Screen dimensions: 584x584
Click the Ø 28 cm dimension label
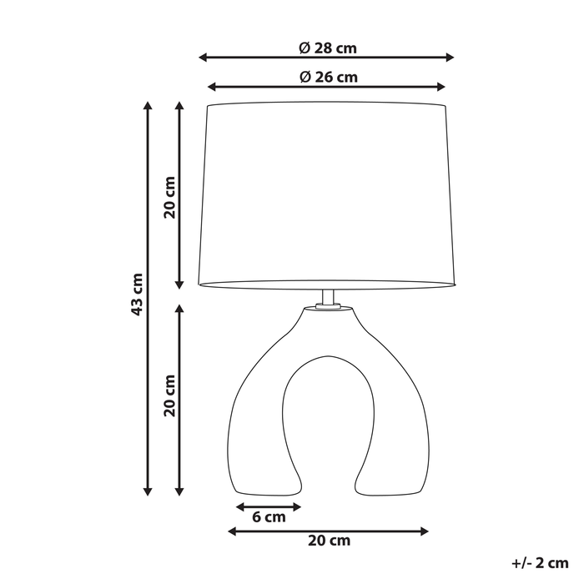pyautogui.click(x=327, y=48)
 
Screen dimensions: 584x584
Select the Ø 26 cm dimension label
pyautogui.click(x=327, y=77)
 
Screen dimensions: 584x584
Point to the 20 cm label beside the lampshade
pyautogui.click(x=170, y=198)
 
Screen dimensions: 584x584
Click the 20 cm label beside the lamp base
pyautogui.click(x=170, y=395)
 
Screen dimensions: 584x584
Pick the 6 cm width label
pyautogui.click(x=269, y=517)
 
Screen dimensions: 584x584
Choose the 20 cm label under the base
pyautogui.click(x=329, y=541)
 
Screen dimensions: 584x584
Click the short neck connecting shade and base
pyautogui.click(x=328, y=299)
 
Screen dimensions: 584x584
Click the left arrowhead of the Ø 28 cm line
pyautogui.click(x=203, y=58)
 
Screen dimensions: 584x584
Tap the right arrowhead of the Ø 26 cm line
pyautogui.click(x=442, y=87)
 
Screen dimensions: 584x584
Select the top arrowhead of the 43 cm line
pyautogui.click(x=148, y=106)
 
